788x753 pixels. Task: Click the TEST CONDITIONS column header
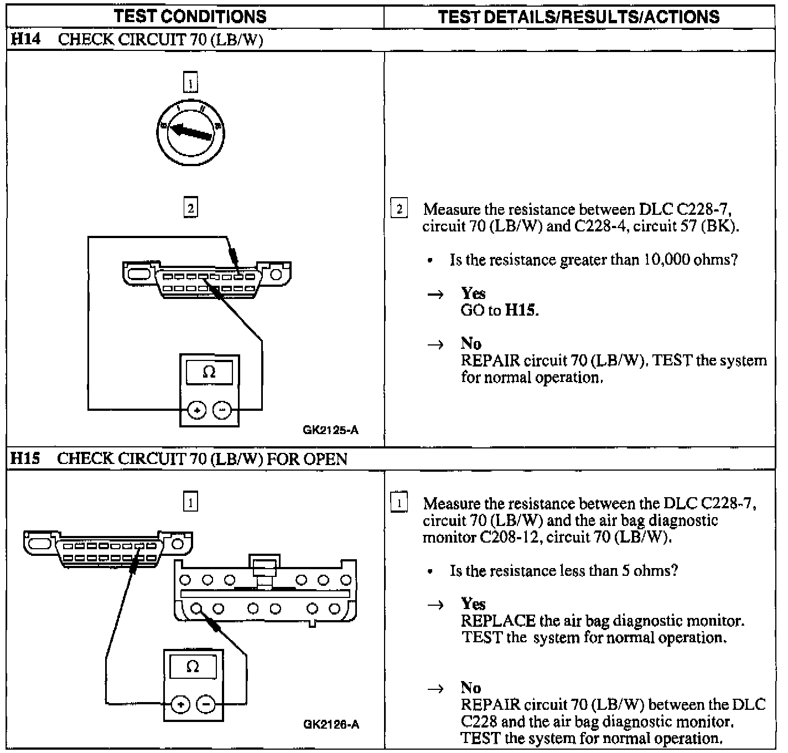tap(190, 17)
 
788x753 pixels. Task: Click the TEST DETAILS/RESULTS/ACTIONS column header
tap(579, 17)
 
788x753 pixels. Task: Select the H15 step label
tap(25, 458)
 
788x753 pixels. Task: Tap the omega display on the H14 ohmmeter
tap(209, 372)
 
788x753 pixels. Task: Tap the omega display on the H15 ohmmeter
tap(193, 666)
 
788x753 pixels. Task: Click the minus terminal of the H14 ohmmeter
tap(222, 410)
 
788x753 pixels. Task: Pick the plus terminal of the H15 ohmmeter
tap(180, 705)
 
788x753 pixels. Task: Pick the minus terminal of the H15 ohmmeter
tap(206, 705)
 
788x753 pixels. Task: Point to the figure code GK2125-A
tap(330, 430)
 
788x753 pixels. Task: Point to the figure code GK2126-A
tap(331, 724)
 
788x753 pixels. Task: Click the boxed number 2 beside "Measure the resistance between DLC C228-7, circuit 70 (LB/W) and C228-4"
tap(399, 209)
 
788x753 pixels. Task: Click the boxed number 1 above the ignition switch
tap(190, 84)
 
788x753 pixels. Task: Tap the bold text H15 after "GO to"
tap(521, 310)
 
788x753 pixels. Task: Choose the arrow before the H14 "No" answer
tap(436, 345)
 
